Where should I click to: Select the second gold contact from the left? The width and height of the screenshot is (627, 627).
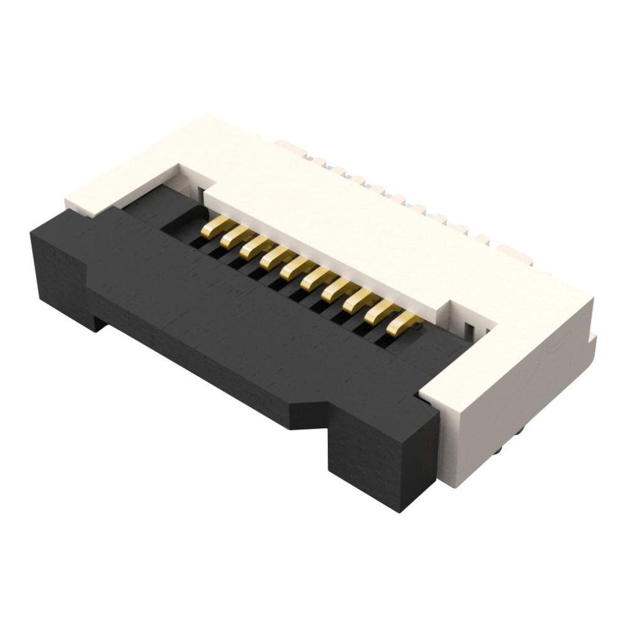(x=233, y=238)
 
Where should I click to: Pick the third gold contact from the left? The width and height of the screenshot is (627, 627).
(x=253, y=248)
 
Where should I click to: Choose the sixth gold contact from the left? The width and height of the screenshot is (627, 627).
(x=315, y=278)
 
